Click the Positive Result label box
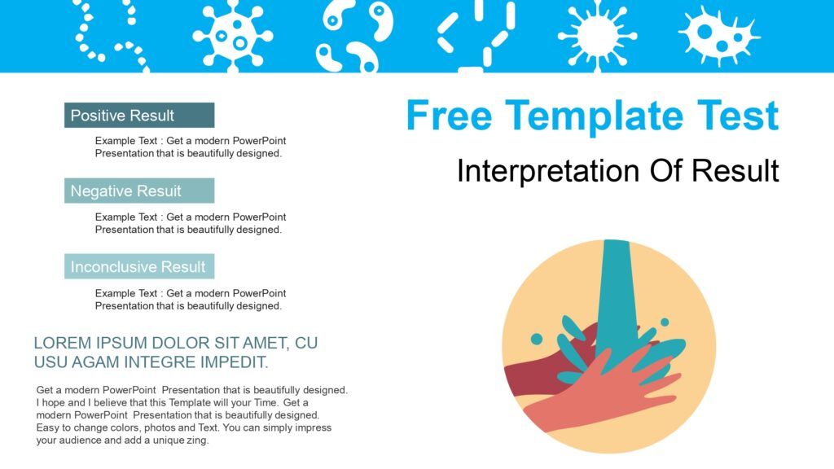(x=139, y=115)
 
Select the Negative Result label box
(x=139, y=191)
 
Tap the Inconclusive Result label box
(x=139, y=266)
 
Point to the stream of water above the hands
(x=617, y=298)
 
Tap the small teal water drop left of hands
(x=537, y=339)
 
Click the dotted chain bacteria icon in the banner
(x=110, y=35)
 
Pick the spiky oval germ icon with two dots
(x=719, y=36)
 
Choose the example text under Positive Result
(x=191, y=147)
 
